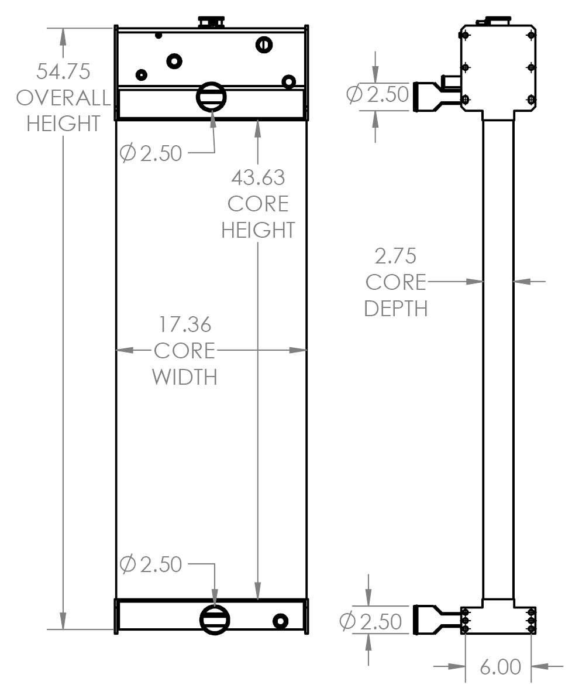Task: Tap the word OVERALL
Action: [63, 98]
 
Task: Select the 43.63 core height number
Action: [258, 177]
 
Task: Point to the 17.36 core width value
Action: [185, 324]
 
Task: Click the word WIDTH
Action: [185, 377]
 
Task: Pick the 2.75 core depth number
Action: [395, 256]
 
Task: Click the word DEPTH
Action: [395, 309]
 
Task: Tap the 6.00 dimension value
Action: [500, 667]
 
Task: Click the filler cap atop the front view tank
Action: [211, 22]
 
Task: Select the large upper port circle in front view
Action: [211, 97]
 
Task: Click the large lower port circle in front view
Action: [215, 619]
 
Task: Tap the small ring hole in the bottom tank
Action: [280, 621]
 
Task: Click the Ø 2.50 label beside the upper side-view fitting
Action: [377, 95]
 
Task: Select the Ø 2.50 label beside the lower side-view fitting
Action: [370, 622]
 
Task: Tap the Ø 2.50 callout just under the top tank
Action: [151, 154]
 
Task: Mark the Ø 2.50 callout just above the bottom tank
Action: [151, 565]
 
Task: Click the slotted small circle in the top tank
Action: [264, 44]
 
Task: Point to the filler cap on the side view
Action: [494, 22]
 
